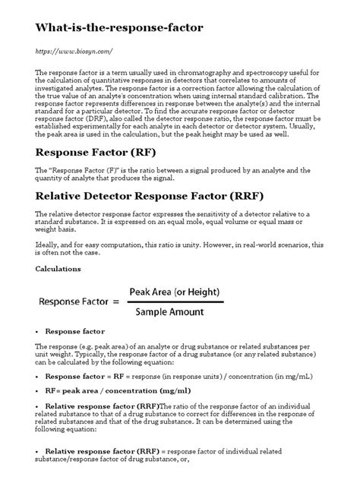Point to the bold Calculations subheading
coord(60,269)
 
